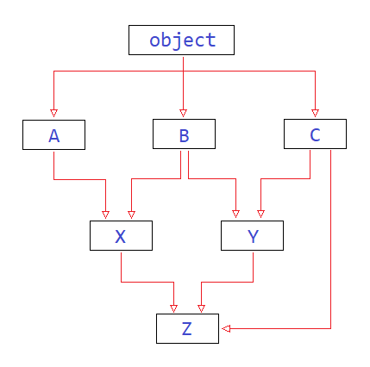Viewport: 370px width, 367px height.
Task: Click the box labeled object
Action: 181,40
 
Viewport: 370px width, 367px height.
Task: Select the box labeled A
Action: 54,135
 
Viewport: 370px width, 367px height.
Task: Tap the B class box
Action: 184,135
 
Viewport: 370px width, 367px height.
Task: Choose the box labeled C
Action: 315,135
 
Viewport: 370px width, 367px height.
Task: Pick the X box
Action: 121,236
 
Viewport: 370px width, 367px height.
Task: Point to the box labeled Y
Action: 252,236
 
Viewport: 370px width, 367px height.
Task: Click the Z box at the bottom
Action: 187,329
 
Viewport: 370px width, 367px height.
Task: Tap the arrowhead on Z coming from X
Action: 174,308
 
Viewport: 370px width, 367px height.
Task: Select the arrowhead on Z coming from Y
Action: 201,308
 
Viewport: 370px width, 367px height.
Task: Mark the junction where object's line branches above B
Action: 183,71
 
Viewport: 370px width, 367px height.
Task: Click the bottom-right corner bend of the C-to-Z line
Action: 330,328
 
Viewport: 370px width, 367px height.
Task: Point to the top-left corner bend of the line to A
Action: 54,71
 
